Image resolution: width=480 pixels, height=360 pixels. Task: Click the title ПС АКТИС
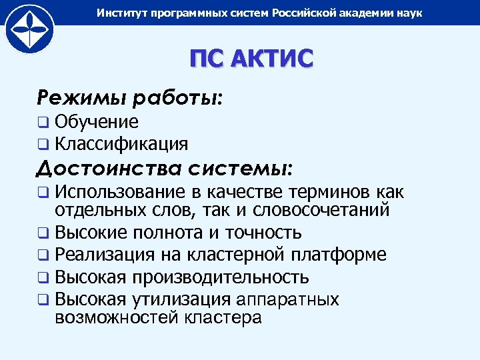[250, 59]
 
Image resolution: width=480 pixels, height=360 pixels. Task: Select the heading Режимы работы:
[130, 99]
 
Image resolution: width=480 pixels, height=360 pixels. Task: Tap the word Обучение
[97, 122]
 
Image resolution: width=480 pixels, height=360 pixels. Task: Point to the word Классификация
[121, 143]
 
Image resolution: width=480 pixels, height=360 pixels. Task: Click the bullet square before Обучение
[43, 123]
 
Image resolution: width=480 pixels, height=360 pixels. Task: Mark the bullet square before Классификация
[43, 144]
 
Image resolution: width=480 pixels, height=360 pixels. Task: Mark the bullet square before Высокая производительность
[43, 277]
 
